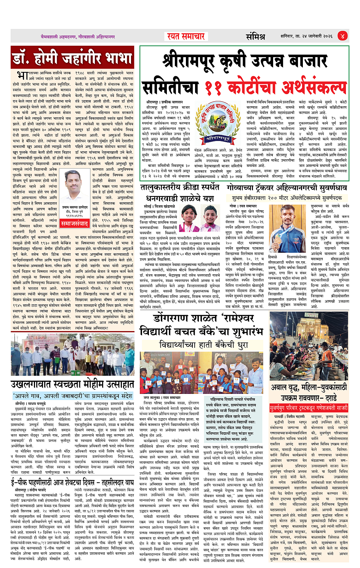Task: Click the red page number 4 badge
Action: [x=342, y=36]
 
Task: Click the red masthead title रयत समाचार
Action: [x=186, y=37]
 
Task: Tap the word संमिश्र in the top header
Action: [x=255, y=37]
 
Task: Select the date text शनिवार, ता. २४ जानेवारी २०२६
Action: [x=306, y=37]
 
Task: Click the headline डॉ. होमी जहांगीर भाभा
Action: [x=72, y=58]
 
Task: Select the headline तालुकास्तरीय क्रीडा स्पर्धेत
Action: [x=179, y=187]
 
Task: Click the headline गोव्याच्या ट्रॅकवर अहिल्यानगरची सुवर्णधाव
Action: [x=286, y=188]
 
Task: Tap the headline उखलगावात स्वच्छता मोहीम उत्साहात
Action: [x=72, y=384]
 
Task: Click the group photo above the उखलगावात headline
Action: [x=72, y=355]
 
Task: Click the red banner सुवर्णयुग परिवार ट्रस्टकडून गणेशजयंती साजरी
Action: [x=309, y=408]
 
